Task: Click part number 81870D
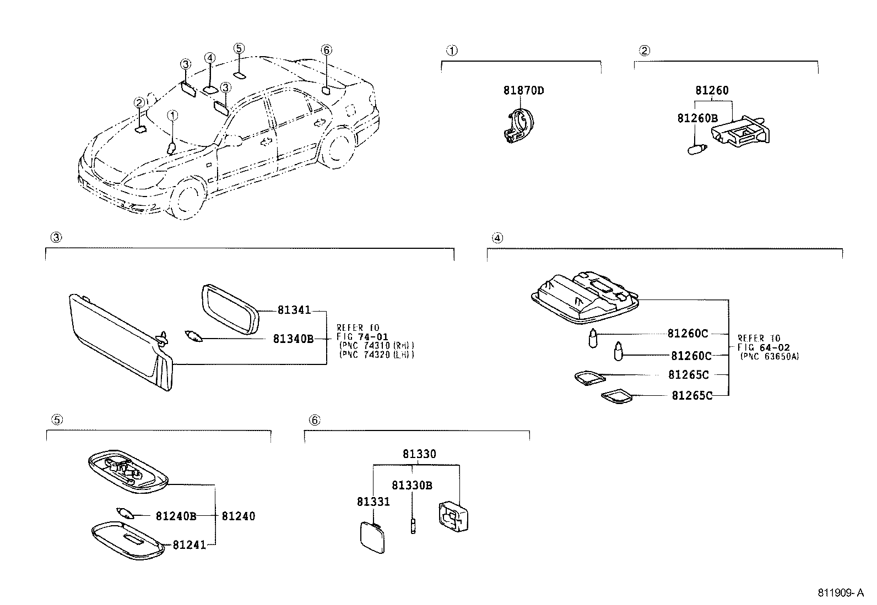tap(523, 90)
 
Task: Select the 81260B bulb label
tap(697, 118)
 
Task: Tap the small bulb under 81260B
tap(697, 149)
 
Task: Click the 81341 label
tap(294, 310)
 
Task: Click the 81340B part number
tap(293, 339)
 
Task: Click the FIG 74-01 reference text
tap(362, 336)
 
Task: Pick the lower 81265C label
tap(691, 395)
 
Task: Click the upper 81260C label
tap(687, 333)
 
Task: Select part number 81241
tap(189, 544)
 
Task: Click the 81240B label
tap(176, 516)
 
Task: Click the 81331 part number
tap(373, 502)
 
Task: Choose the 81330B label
tap(412, 485)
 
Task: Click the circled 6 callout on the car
tap(326, 50)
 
